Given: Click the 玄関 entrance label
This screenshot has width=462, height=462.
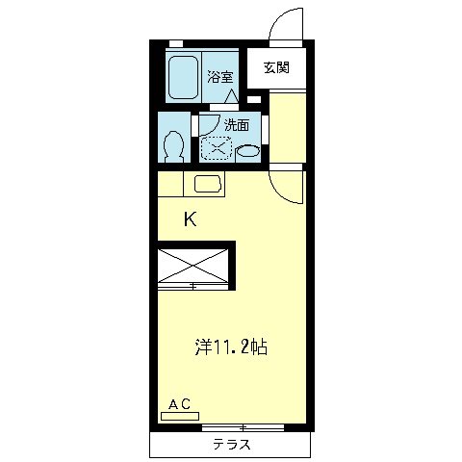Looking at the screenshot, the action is [276, 67].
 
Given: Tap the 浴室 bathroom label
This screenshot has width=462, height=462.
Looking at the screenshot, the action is [220, 77].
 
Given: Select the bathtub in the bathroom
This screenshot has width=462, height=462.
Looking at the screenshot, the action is [183, 77].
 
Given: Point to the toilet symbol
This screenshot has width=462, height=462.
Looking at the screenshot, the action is [173, 146].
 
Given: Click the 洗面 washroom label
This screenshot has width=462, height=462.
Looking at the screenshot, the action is [237, 125].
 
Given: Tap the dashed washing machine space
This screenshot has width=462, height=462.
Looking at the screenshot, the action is [216, 148].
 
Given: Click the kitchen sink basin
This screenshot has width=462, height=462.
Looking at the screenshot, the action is [208, 184].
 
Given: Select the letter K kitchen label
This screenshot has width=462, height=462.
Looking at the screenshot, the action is [191, 219].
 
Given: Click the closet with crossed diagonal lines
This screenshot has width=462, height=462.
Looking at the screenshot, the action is [193, 266].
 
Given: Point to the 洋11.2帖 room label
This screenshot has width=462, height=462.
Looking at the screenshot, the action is [231, 346].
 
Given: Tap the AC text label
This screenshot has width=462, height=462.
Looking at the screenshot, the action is [180, 404].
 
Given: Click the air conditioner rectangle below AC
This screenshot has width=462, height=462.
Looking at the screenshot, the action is [180, 416].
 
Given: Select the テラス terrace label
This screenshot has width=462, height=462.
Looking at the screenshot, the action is [232, 445].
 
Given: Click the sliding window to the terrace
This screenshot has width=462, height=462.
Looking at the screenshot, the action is [244, 427].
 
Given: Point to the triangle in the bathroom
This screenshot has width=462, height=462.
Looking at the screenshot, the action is [231, 96].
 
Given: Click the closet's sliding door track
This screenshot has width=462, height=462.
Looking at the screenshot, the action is [193, 286].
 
